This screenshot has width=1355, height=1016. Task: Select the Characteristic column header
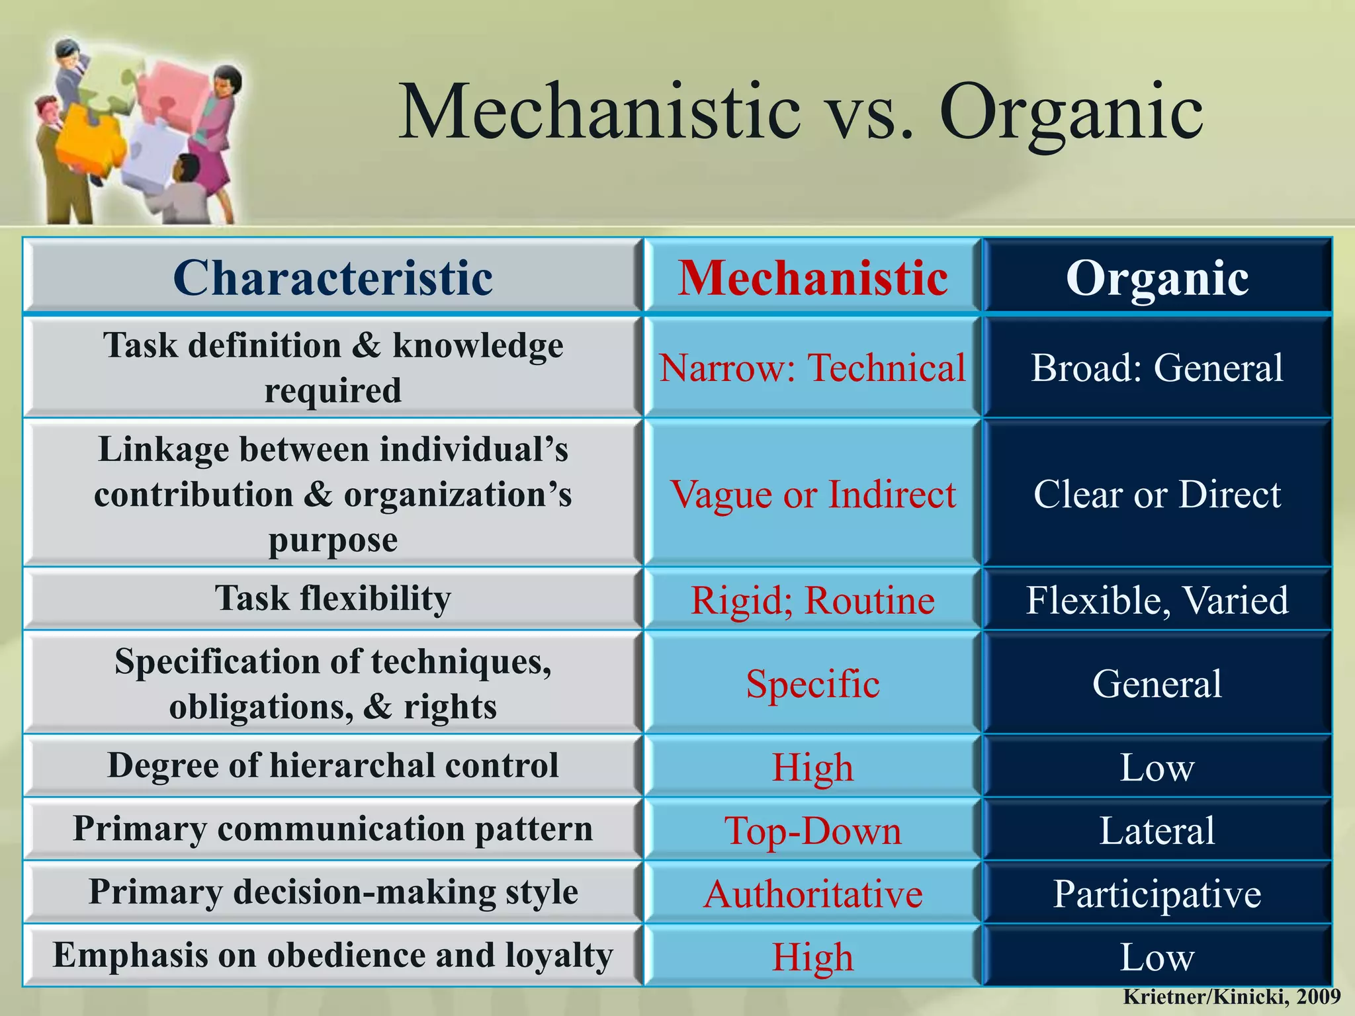pyautogui.click(x=333, y=278)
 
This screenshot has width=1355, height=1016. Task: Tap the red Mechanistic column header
pyautogui.click(x=812, y=278)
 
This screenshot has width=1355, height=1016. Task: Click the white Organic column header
pyautogui.click(x=1157, y=278)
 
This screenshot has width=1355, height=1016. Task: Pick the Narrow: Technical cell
pyautogui.click(x=812, y=368)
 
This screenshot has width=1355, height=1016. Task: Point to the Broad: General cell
pyautogui.click(x=1157, y=368)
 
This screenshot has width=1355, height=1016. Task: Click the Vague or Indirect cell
pyautogui.click(x=812, y=494)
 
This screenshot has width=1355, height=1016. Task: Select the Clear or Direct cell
pyautogui.click(x=1157, y=494)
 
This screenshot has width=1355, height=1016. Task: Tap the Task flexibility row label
pyautogui.click(x=333, y=599)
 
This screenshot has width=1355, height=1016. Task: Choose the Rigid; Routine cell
pyautogui.click(x=812, y=601)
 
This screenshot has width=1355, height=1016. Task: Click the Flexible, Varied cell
pyautogui.click(x=1157, y=601)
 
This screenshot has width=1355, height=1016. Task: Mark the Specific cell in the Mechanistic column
pyautogui.click(x=812, y=683)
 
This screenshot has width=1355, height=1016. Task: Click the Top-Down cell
pyautogui.click(x=812, y=831)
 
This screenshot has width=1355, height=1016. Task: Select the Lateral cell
pyautogui.click(x=1157, y=831)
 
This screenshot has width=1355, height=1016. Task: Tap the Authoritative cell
pyautogui.click(x=812, y=894)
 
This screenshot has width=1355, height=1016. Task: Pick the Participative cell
pyautogui.click(x=1157, y=894)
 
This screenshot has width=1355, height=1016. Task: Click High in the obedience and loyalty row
pyautogui.click(x=812, y=957)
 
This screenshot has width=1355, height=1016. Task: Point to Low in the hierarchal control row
pyautogui.click(x=1157, y=767)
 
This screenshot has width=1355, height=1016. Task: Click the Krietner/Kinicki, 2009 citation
pyautogui.click(x=1231, y=997)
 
